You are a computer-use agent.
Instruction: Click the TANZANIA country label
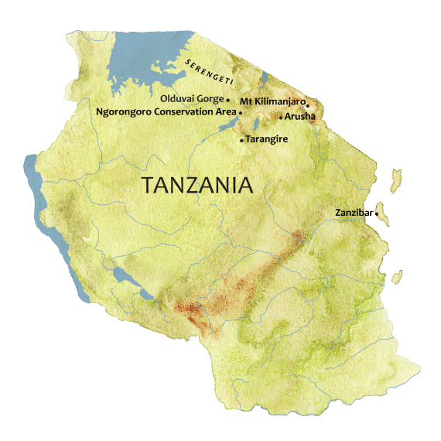[x=197, y=186]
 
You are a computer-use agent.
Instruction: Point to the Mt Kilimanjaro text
[x=272, y=101]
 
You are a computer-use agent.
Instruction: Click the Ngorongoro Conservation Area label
[x=166, y=112]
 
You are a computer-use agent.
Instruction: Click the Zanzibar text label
[x=354, y=212]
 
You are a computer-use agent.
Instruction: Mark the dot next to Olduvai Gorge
[x=228, y=100]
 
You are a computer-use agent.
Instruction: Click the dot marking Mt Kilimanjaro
[x=307, y=104]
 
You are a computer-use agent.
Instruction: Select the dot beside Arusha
[x=280, y=117]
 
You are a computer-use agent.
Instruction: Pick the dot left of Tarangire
[x=241, y=140]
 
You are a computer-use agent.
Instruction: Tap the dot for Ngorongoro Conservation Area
[x=241, y=113]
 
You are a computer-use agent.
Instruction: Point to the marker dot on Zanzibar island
[x=377, y=214]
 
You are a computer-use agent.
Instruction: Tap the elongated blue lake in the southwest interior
[x=124, y=279]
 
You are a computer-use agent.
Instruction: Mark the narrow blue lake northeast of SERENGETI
[x=264, y=78]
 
